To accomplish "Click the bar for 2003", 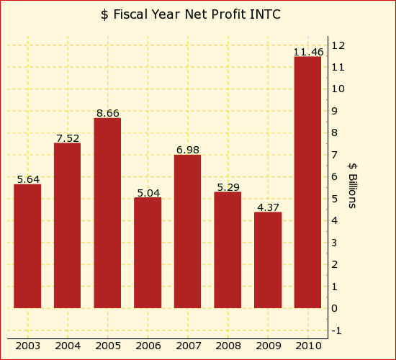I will (x=27, y=246).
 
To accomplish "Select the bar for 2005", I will (x=107, y=213).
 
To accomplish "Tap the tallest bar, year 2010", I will (x=307, y=182).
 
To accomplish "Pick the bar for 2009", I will (x=268, y=260).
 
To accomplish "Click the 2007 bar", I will (x=187, y=231).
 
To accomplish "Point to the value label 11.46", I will (x=308, y=52).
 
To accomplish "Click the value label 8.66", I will (x=107, y=113).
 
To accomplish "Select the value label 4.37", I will (x=268, y=207).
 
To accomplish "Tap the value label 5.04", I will (x=148, y=193).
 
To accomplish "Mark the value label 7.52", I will (x=68, y=138).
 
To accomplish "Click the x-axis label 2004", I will (x=68, y=346).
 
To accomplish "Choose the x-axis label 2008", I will (x=228, y=346).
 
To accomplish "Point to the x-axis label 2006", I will (x=148, y=346).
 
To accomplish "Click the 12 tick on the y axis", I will (x=338, y=45).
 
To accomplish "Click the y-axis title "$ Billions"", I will (x=352, y=185).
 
